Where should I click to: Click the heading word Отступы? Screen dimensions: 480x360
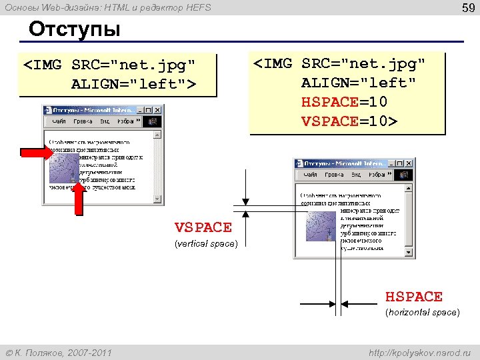click(75, 30)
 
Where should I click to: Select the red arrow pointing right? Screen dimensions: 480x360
click(36, 153)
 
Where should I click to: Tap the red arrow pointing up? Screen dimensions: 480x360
click(78, 199)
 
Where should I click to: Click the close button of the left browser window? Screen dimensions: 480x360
click(157, 109)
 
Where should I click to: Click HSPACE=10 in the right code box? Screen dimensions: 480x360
click(345, 102)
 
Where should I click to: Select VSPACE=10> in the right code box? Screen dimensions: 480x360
click(349, 121)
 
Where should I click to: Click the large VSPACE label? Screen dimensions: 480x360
click(203, 227)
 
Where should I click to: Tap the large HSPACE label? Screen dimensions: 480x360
click(414, 297)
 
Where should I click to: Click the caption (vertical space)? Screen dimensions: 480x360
click(206, 244)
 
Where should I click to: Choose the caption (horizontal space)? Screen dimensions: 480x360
click(423, 313)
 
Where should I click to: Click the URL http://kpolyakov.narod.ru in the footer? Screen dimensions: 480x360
click(419, 352)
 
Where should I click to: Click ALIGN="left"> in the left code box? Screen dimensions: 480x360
click(134, 84)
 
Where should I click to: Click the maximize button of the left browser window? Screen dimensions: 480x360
click(148, 109)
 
